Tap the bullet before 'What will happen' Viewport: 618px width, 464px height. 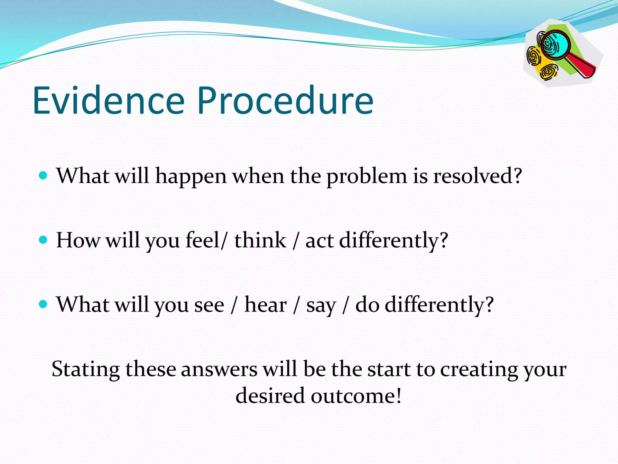(x=43, y=176)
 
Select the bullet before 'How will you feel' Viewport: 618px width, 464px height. (x=43, y=240)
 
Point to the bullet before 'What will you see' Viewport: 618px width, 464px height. (x=43, y=304)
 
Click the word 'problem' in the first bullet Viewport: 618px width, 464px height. (x=367, y=177)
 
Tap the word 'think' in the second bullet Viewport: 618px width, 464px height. (x=260, y=240)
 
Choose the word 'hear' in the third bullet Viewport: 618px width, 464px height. (x=265, y=304)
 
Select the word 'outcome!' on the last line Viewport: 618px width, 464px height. (x=356, y=396)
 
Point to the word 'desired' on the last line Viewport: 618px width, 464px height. (x=270, y=396)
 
